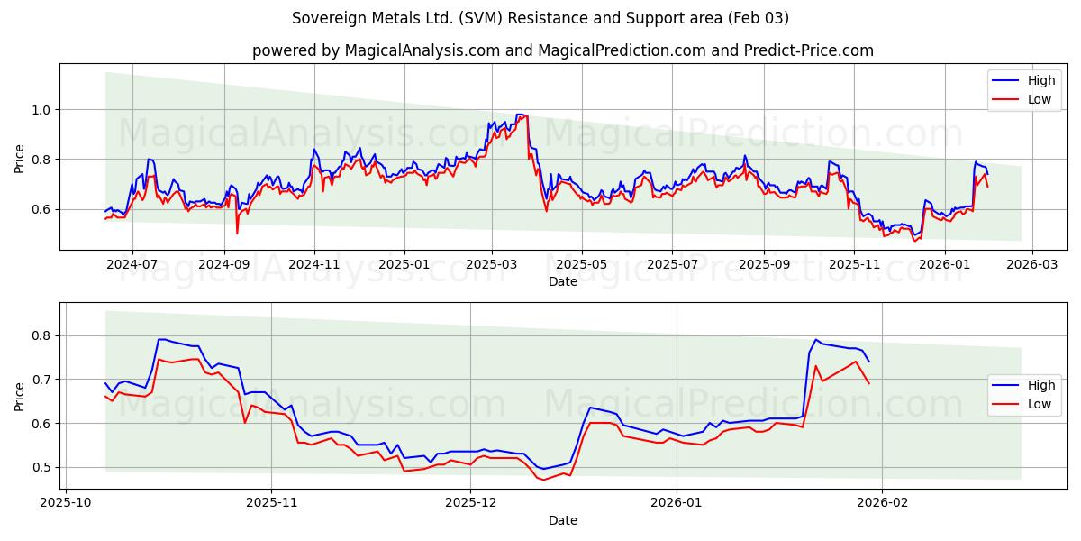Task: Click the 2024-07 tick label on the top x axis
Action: pos(132,265)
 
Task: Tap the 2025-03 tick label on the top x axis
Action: pos(492,265)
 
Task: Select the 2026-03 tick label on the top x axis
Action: pos(1031,265)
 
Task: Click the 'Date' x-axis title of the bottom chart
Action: pos(562,520)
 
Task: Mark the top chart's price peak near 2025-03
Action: pos(521,115)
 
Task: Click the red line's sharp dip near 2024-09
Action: pos(237,234)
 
